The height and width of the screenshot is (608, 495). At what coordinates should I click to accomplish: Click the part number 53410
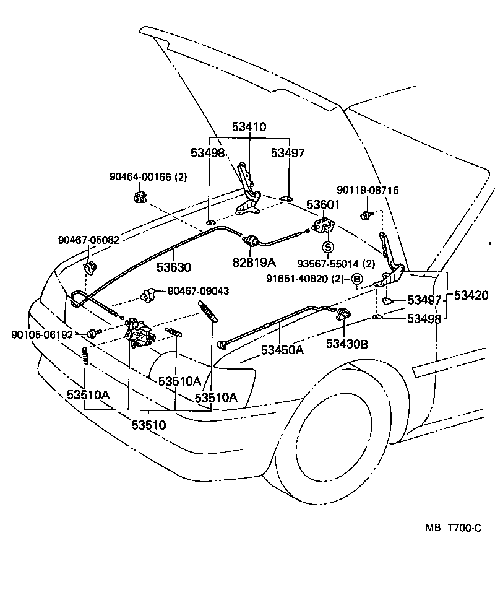tap(249, 128)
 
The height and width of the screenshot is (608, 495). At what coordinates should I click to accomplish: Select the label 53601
tap(322, 205)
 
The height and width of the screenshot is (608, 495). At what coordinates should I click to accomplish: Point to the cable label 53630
tap(173, 267)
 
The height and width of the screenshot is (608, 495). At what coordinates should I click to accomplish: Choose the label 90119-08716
tap(368, 190)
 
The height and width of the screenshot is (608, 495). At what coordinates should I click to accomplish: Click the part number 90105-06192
tap(42, 334)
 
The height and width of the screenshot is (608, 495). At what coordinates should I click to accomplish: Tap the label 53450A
tap(282, 350)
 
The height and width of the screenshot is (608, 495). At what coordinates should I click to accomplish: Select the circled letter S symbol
tap(329, 247)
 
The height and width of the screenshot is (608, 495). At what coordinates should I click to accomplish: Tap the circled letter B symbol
tap(357, 279)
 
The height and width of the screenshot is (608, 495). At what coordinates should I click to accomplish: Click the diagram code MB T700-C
tap(452, 528)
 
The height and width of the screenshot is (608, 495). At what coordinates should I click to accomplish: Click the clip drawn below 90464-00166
tap(139, 198)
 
